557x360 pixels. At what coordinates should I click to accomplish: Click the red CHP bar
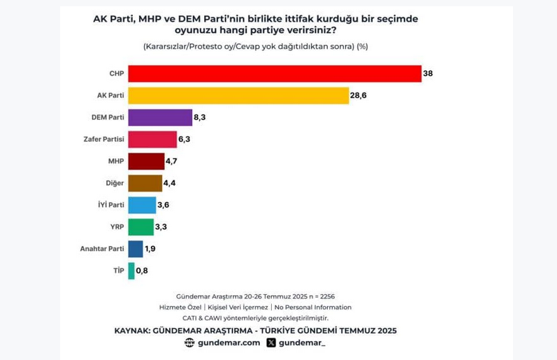[x=275, y=73]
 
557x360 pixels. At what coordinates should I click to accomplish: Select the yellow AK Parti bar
[x=239, y=96]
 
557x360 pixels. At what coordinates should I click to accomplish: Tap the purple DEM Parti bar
[x=160, y=117]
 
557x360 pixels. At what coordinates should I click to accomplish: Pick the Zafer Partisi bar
[x=152, y=139]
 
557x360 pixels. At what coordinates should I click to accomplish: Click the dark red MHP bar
[x=146, y=161]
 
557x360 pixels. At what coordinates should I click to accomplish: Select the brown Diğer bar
[x=145, y=183]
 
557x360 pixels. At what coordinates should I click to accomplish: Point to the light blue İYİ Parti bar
[x=142, y=205]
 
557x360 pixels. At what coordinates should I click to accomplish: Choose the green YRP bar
[x=141, y=227]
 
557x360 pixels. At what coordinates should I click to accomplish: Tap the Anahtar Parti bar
[x=136, y=249]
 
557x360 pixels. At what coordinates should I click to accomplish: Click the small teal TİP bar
[x=131, y=271]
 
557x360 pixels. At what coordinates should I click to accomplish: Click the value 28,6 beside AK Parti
[x=358, y=95]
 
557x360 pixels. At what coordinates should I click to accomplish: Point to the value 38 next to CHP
[x=428, y=73]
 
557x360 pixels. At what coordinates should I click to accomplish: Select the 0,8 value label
[x=142, y=271]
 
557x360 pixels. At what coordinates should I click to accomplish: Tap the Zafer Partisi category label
[x=103, y=139]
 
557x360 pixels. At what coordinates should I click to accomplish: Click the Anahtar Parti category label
[x=102, y=249]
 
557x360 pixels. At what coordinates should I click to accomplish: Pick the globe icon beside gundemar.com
[x=189, y=343]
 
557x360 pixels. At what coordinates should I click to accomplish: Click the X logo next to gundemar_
[x=271, y=343]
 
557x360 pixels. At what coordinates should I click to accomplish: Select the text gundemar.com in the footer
[x=229, y=343]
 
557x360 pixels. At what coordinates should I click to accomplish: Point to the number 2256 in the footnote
[x=328, y=296]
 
